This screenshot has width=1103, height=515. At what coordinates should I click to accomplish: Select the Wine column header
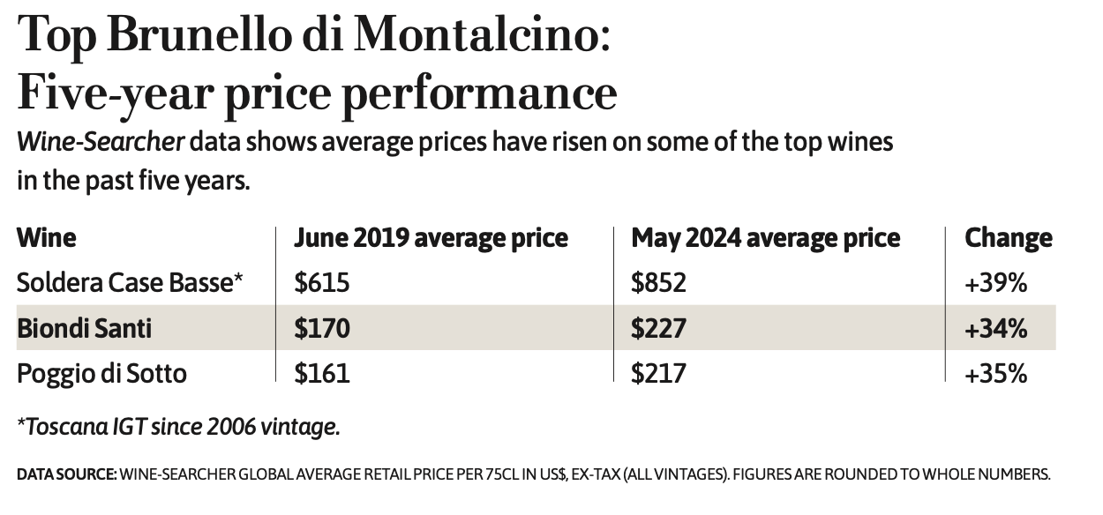[x=47, y=238]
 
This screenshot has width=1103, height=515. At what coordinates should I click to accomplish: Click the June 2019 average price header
[x=431, y=238]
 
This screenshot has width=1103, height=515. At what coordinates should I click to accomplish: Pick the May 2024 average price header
[x=766, y=238]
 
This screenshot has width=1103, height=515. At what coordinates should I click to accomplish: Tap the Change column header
[x=1009, y=238]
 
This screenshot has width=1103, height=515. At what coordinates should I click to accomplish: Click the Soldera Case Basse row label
[x=130, y=282]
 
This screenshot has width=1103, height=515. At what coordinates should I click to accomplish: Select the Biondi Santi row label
[x=85, y=328]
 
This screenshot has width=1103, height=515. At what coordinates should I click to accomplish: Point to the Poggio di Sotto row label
[x=102, y=373]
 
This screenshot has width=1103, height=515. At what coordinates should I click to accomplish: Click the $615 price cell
[x=322, y=282]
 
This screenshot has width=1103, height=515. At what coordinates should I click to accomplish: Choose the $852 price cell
[x=658, y=282]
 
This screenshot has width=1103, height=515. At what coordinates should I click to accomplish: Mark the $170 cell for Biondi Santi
[x=322, y=328]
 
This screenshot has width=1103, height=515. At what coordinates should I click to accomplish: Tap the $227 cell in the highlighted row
[x=658, y=328]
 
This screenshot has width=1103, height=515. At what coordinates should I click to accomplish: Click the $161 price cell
[x=322, y=373]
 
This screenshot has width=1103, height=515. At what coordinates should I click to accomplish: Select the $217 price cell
[x=658, y=373]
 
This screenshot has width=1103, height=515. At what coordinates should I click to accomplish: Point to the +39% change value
[x=996, y=282]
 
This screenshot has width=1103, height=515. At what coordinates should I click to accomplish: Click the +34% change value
[x=996, y=328]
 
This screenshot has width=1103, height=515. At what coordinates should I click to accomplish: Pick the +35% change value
[x=996, y=373]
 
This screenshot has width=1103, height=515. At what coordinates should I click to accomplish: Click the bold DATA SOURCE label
[x=66, y=474]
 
